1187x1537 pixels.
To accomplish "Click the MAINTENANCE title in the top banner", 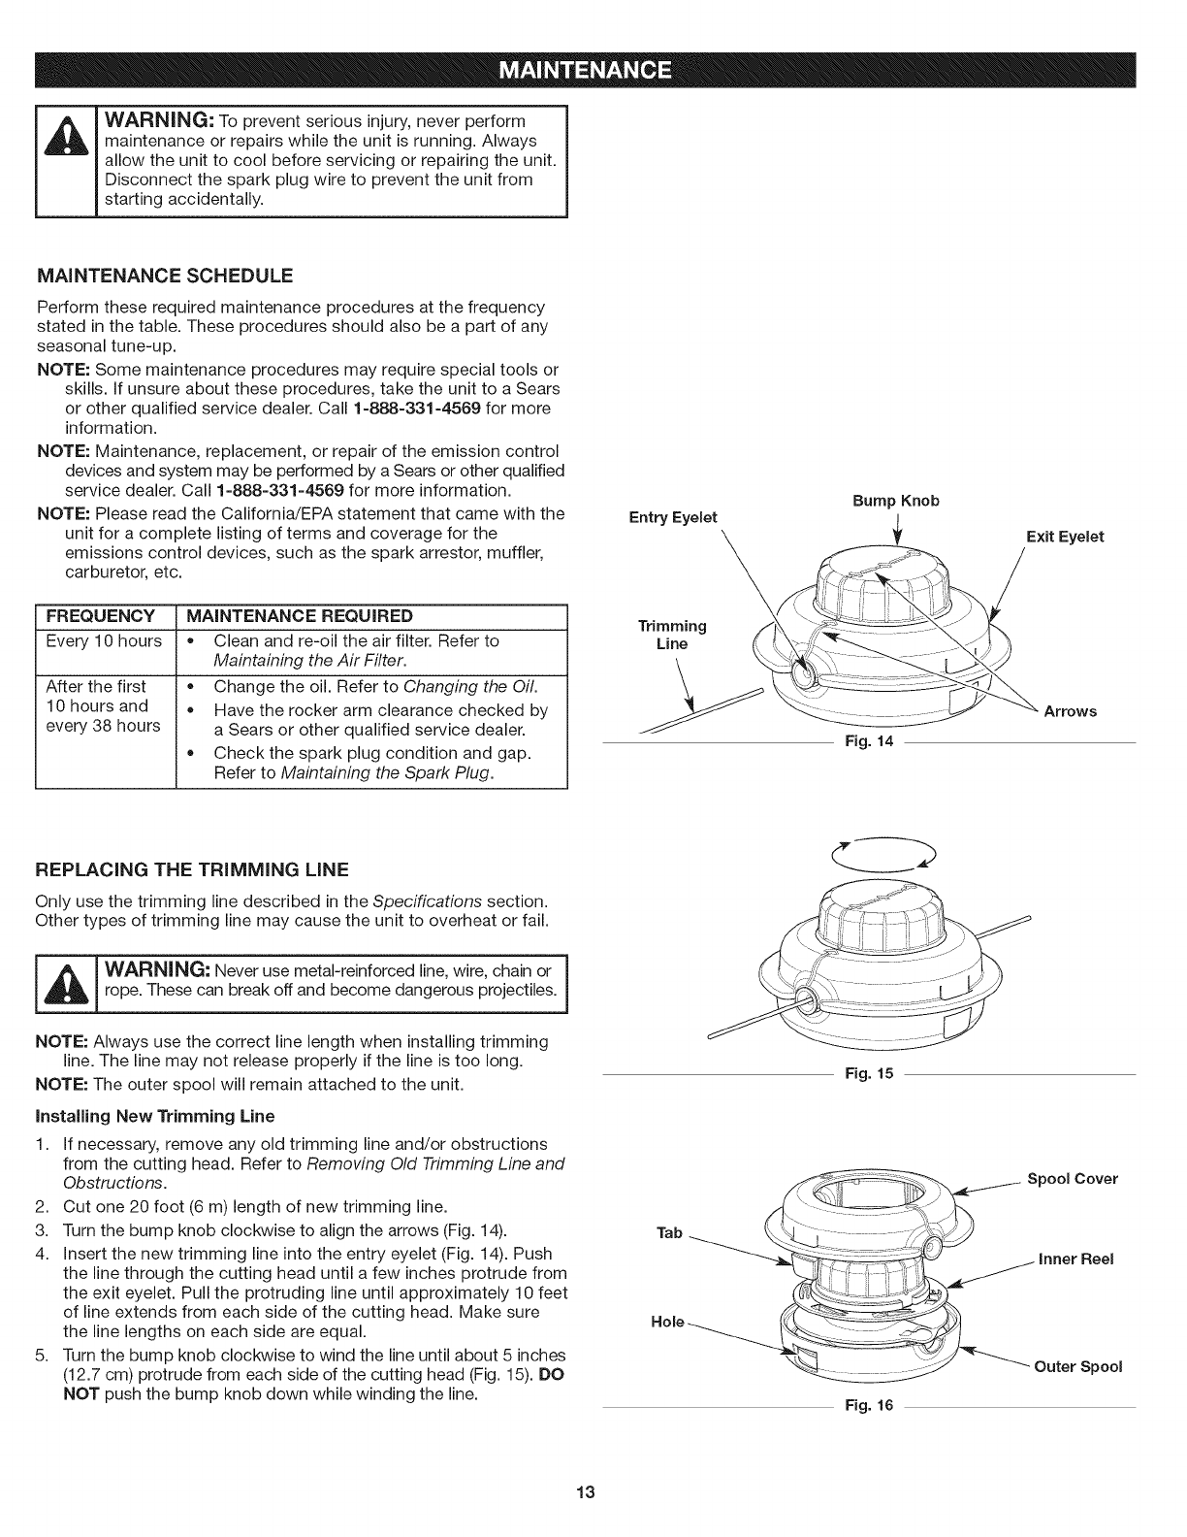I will coord(593,71).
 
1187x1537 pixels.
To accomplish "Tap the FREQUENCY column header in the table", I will coord(103,616).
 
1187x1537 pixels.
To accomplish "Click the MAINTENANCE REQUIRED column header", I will coord(299,616).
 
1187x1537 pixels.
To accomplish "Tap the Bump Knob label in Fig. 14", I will coord(895,501).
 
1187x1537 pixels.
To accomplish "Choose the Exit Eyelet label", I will coord(1065,537).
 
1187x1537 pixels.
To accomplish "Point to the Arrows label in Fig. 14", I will coord(1070,711).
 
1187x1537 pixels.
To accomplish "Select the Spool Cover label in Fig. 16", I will coord(1072,1179).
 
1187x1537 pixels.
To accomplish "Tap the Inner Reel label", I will coord(1075,1259).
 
